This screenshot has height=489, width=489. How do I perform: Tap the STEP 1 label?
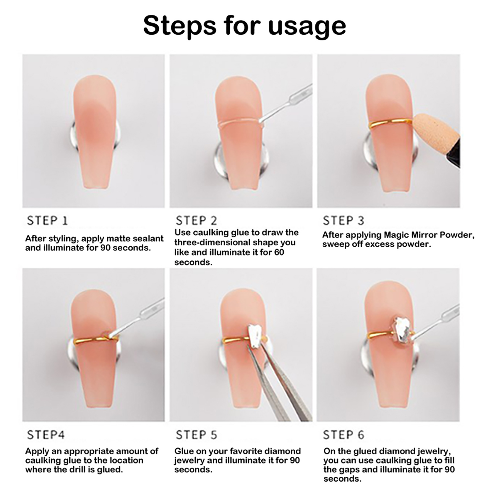tap(47, 221)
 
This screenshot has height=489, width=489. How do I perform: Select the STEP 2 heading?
tap(196, 221)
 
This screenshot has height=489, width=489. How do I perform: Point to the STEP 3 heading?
tap(344, 221)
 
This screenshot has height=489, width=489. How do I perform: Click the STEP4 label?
tap(46, 435)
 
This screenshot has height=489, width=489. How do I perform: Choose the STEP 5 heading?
tap(196, 435)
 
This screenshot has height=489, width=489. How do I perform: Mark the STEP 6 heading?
tap(344, 435)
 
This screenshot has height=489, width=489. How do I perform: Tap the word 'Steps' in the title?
tap(180, 26)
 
